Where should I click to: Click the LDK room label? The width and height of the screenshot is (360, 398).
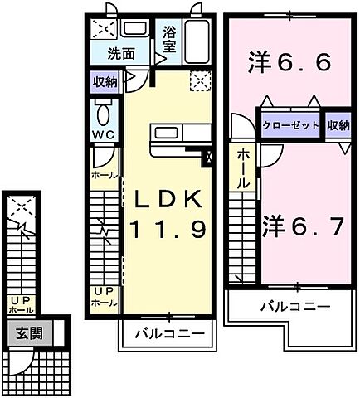(x=163, y=199)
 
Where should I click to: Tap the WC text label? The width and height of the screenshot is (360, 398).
(x=103, y=135)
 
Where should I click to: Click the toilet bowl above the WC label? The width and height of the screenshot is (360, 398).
(x=103, y=113)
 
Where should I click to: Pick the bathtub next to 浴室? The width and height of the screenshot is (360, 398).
(x=197, y=41)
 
